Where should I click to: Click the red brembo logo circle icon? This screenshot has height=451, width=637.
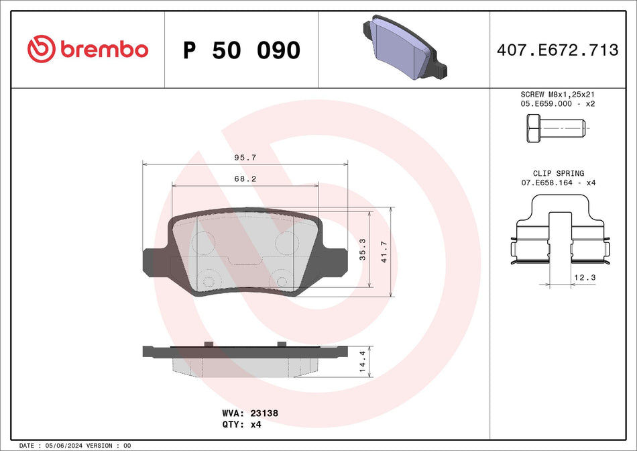[41, 49]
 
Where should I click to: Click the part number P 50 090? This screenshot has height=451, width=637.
[242, 50]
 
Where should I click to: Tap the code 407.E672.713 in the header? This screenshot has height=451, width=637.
[557, 50]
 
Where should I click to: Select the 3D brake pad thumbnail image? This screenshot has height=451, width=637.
[404, 46]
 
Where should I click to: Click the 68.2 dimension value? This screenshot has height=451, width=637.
[245, 179]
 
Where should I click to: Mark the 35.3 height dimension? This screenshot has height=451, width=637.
[363, 249]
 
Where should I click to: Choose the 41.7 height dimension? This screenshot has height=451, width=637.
[384, 252]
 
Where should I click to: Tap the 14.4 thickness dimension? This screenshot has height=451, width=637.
[363, 362]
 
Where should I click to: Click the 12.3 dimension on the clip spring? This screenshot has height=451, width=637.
[581, 277]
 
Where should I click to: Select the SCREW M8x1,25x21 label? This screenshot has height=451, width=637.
[558, 95]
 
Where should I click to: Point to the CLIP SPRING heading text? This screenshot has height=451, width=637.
[558, 173]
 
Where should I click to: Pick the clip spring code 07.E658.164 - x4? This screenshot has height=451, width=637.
[558, 183]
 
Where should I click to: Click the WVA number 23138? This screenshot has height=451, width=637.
[264, 413]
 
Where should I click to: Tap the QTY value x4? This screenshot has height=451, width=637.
[255, 425]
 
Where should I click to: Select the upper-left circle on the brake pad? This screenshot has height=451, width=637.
[203, 242]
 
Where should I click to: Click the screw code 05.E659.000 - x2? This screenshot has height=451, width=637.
[558, 104]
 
